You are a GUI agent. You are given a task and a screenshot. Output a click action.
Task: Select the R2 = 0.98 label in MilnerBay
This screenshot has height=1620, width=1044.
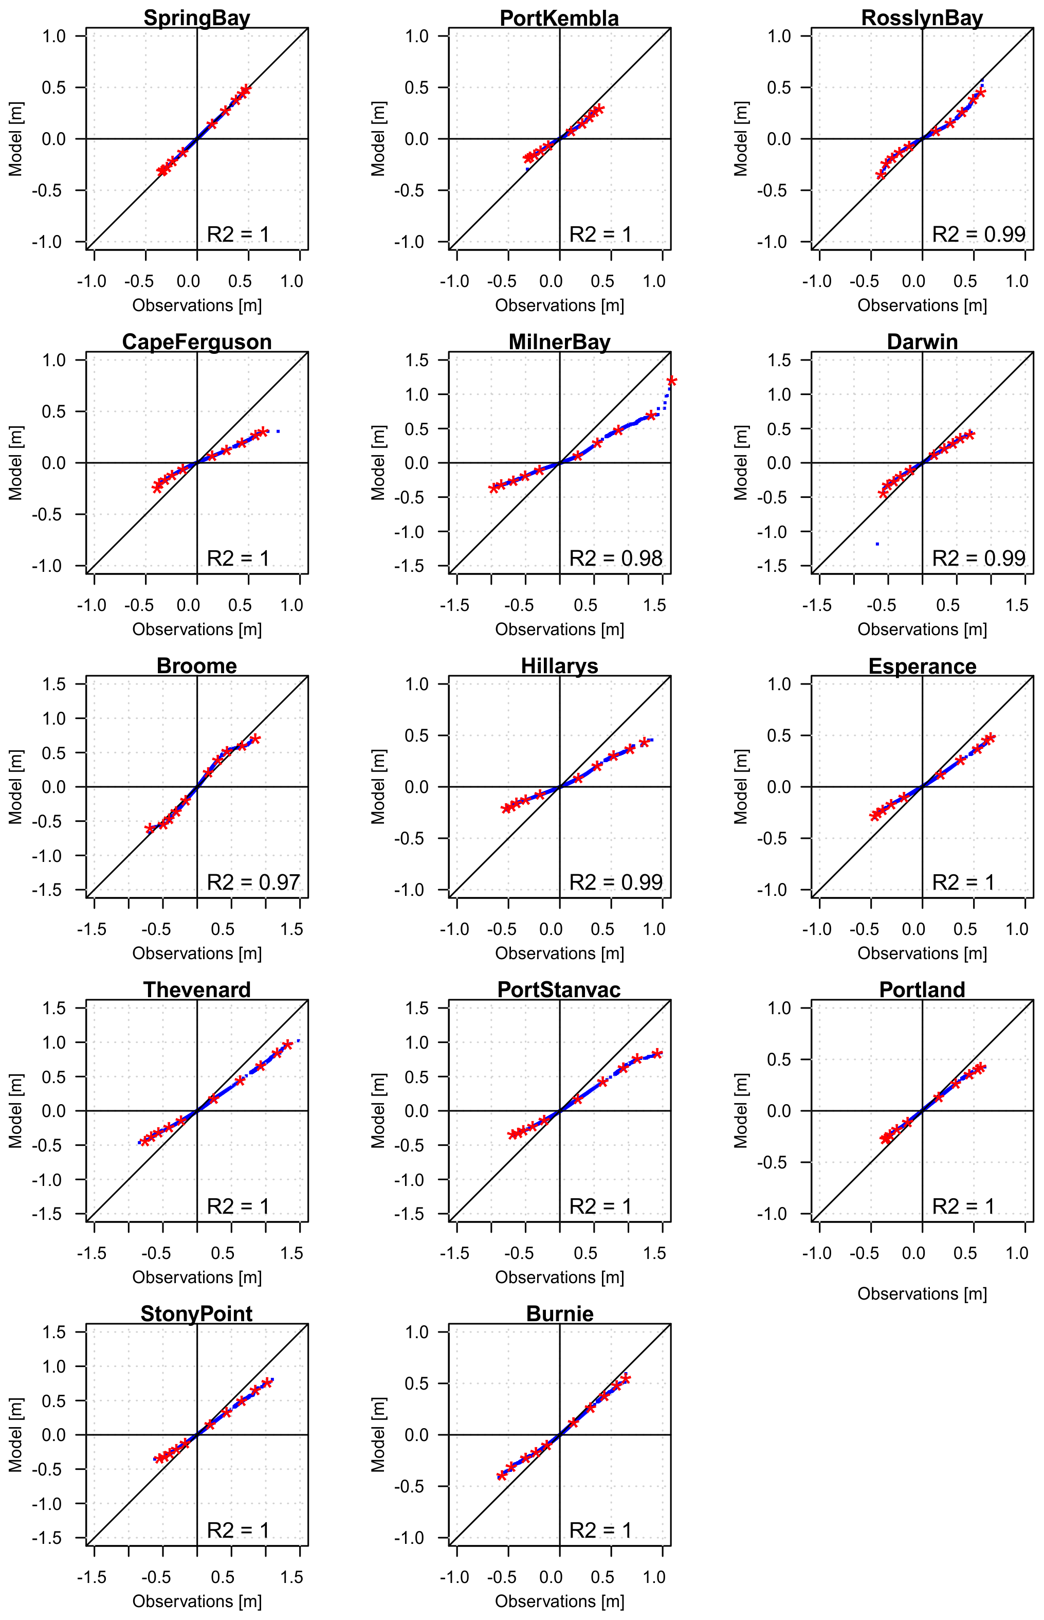pos(615,558)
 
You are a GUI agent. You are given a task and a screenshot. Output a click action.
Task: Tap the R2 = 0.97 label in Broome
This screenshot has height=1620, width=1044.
pos(253,882)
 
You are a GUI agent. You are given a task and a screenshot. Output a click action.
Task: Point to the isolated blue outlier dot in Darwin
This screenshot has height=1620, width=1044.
pos(877,544)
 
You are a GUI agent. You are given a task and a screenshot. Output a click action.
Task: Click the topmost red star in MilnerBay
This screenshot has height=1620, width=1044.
pos(671,381)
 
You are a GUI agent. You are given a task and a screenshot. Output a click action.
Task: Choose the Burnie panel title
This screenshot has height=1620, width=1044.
pos(559,1313)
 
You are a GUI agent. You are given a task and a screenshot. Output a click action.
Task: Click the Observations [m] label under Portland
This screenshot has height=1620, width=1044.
pos(922,1294)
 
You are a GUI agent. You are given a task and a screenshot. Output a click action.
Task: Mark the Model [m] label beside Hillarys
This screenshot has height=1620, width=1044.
pos(378,787)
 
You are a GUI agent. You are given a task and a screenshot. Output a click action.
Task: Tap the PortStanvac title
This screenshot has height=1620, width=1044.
pos(559,989)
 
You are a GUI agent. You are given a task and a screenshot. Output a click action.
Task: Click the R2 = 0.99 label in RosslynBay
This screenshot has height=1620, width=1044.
pos(978,234)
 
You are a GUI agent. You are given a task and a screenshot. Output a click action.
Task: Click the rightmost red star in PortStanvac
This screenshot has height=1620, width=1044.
pos(657,1054)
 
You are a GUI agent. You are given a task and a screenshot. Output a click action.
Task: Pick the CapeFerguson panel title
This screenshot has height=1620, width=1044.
pos(196,342)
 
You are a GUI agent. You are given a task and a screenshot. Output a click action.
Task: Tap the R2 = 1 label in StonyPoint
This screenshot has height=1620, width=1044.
pos(238,1531)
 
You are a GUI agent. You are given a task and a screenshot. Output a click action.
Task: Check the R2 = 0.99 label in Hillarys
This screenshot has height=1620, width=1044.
pos(615,882)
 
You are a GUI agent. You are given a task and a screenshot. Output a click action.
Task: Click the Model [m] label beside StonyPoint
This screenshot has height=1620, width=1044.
pos(15,1435)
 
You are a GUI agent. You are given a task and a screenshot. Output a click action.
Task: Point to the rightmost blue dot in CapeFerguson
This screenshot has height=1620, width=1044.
pos(278,431)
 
